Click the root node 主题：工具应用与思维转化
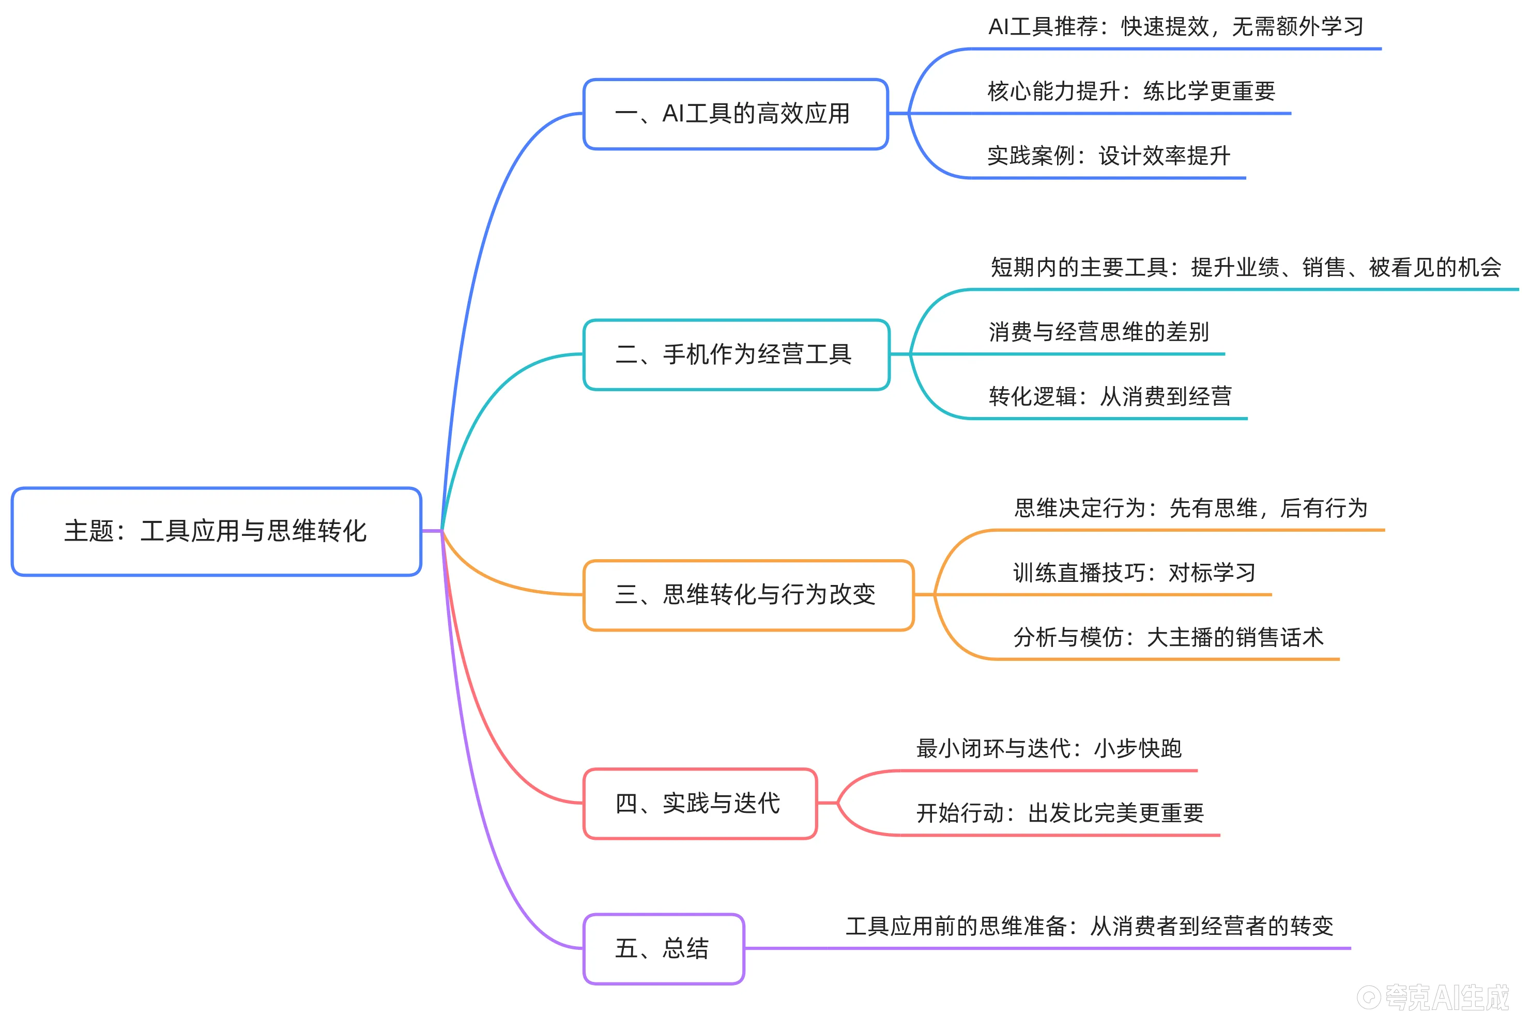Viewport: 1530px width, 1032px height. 216,531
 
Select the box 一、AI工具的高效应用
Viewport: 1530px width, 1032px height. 736,114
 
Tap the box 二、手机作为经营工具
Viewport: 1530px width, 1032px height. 736,355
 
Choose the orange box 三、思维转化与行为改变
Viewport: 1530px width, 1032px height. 748,595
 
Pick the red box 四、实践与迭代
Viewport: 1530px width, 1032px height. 700,804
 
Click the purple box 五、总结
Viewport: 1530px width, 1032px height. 664,948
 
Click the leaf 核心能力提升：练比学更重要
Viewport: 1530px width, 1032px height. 1131,91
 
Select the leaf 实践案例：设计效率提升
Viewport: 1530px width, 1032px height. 1109,156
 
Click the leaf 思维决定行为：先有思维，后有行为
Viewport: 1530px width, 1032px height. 1190,508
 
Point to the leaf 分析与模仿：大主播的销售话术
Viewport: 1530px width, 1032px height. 1168,637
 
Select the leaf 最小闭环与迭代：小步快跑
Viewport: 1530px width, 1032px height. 1049,748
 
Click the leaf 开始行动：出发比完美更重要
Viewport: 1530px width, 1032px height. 1060,813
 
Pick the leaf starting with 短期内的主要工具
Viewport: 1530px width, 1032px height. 1246,267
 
